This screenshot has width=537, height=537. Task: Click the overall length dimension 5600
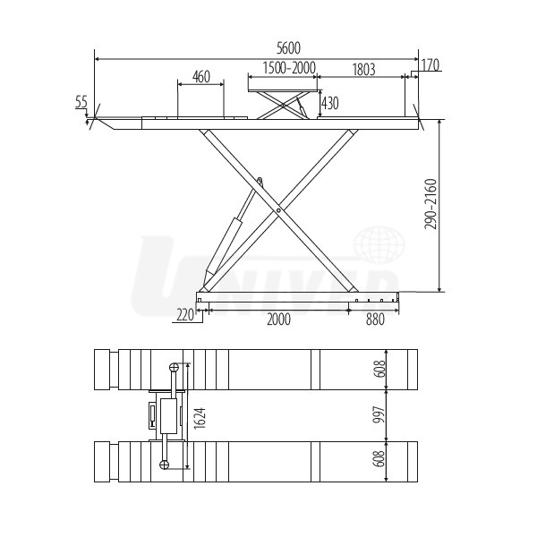pos(288,48)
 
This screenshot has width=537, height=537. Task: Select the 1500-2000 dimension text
pos(289,68)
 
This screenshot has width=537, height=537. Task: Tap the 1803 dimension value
pos(363,69)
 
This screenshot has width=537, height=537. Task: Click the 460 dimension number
pos(201,77)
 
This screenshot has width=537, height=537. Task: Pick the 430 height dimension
pos(330,103)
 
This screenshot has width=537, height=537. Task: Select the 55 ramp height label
pos(81,102)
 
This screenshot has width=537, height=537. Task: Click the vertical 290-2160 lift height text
pos(430,204)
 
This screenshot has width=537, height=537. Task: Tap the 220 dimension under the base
pos(185,314)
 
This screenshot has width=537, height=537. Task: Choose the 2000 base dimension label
pos(278,320)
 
